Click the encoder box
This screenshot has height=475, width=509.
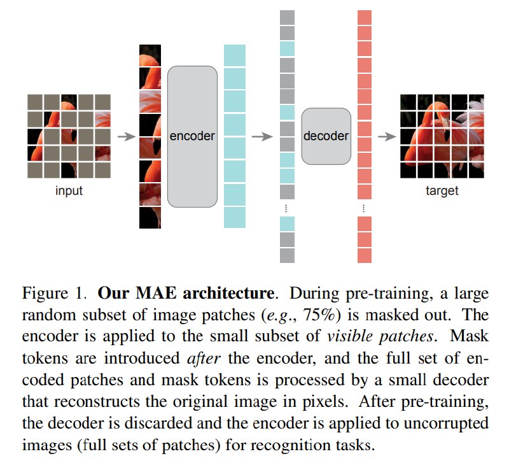click(192, 136)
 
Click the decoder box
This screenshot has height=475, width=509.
click(326, 136)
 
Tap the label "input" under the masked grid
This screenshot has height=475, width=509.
click(69, 190)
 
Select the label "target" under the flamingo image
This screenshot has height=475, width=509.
click(442, 191)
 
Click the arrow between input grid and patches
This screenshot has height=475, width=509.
click(126, 136)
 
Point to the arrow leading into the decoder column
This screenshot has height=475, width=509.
click(262, 136)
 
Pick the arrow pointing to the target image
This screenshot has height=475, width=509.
click(387, 136)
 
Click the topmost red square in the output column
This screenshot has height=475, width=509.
click(364, 17)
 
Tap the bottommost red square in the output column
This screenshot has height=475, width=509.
click(364, 255)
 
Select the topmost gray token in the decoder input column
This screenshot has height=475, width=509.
click(287, 17)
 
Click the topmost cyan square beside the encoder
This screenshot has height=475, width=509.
click(234, 55)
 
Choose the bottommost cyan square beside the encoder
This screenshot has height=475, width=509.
click(234, 217)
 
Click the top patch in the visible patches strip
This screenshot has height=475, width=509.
click(150, 55)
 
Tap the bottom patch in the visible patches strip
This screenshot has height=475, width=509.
click(150, 218)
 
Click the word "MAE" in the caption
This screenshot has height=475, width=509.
click(156, 293)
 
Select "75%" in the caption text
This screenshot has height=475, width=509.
click(319, 315)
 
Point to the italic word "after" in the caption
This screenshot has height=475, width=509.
click(204, 358)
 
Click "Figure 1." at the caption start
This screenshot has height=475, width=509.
click(54, 293)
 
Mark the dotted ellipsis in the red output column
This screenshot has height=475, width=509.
click(364, 208)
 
